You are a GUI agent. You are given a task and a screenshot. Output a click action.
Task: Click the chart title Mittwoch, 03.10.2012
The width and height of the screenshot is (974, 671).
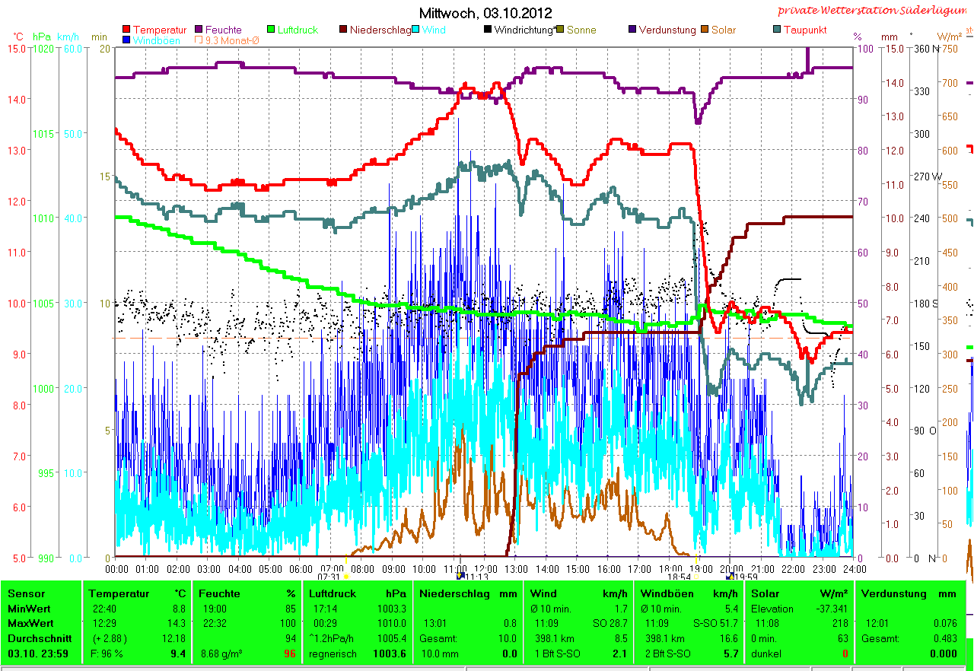click(485, 13)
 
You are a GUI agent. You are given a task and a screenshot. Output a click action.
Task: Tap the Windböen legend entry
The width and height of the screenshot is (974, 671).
click(156, 40)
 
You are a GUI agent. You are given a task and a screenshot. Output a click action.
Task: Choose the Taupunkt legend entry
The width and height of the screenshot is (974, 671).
click(805, 30)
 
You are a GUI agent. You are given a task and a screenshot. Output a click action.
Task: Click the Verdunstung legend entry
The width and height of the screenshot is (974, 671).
click(667, 30)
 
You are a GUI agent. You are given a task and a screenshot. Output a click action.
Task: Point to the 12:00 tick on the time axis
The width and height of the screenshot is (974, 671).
click(485, 568)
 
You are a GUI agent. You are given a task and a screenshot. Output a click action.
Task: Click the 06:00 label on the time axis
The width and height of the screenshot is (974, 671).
click(301, 568)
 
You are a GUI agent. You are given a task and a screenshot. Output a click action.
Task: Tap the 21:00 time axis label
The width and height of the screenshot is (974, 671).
click(762, 568)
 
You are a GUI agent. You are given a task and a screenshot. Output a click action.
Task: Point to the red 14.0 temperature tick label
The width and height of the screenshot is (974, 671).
click(18, 99)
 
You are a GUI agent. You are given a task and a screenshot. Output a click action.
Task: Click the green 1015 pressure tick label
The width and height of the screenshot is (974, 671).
click(44, 133)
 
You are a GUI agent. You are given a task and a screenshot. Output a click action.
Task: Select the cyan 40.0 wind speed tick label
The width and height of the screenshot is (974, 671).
click(72, 218)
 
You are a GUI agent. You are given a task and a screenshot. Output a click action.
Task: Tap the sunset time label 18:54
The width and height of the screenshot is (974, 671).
click(678, 577)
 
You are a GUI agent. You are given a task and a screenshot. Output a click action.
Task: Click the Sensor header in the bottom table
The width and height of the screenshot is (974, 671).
click(27, 593)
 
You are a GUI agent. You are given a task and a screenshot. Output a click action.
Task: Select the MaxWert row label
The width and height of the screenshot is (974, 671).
click(30, 623)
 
